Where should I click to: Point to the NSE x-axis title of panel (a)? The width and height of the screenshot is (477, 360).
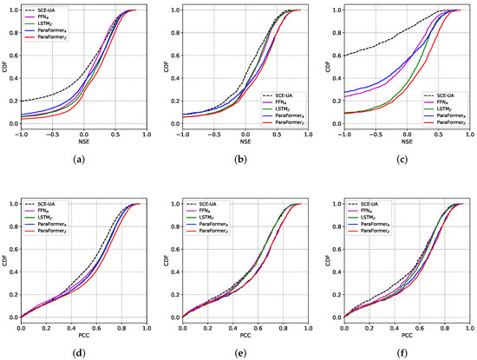84,143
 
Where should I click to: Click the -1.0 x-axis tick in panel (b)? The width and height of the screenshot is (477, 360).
180,134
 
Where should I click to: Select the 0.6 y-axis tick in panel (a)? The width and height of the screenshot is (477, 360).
11,56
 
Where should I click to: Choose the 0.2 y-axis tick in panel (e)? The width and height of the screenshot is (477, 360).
173,294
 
